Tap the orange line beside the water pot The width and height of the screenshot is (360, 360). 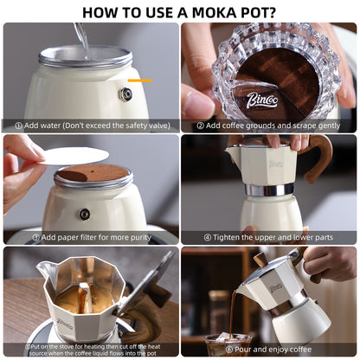pyautogui.click(x=139, y=80)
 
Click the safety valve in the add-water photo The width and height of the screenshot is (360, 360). pyautogui.click(x=125, y=94)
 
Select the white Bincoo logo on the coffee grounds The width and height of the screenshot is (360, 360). pyautogui.click(x=262, y=100)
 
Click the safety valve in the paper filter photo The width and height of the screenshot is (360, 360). pyautogui.click(x=85, y=214)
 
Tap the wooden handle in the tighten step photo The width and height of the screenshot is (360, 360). pyautogui.click(x=317, y=158)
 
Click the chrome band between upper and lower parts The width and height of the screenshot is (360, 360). pyautogui.click(x=269, y=189)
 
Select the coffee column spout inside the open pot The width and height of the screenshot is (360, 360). pyautogui.click(x=85, y=298)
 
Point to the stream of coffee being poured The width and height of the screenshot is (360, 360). pyautogui.click(x=232, y=313)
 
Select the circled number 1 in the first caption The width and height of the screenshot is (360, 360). pyautogui.click(x=18, y=126)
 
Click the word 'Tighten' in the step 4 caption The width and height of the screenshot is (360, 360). pyautogui.click(x=226, y=237)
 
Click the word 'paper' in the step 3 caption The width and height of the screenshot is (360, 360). pyautogui.click(x=68, y=238)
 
